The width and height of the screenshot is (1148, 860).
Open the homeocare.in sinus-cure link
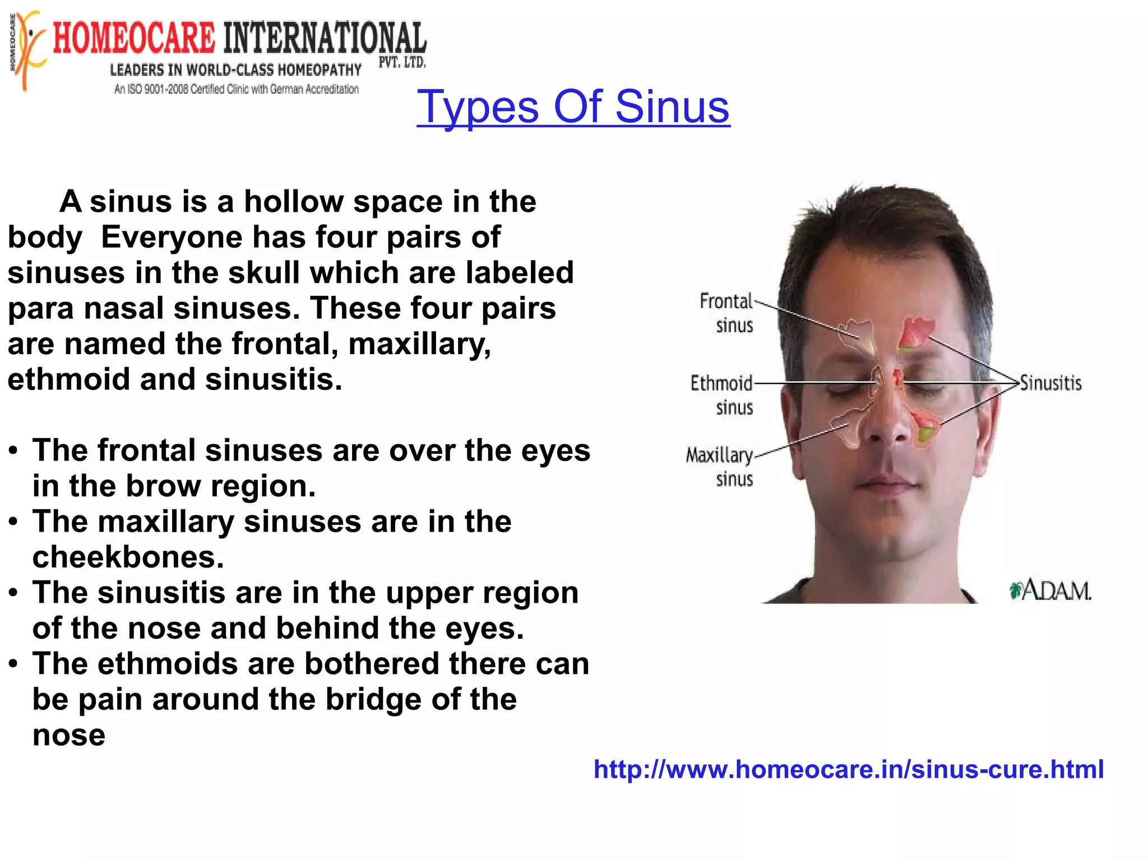pyautogui.click(x=848, y=769)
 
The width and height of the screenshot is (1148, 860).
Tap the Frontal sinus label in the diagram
pyautogui.click(x=726, y=313)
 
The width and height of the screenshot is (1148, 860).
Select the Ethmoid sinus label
pyautogui.click(x=722, y=395)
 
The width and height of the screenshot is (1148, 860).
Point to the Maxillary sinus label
pyautogui.click(x=720, y=467)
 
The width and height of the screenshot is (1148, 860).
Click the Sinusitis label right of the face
pyautogui.click(x=1050, y=383)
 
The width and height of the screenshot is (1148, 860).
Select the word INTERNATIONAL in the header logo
pyautogui.click(x=325, y=39)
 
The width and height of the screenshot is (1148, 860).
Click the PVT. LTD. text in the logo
pyautogui.click(x=402, y=62)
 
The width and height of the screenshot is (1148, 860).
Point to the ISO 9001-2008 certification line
pyautogui.click(x=236, y=89)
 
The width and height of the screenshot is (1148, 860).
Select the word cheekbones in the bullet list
pyautogui.click(x=128, y=557)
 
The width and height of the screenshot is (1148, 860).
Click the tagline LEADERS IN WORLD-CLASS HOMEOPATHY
pyautogui.click(x=235, y=70)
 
